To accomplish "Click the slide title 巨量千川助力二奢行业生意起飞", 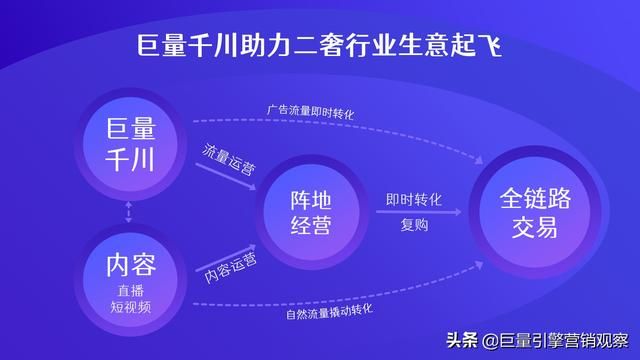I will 320,47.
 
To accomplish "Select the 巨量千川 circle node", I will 130,142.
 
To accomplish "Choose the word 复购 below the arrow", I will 414,225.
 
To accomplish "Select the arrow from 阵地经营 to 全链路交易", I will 414,212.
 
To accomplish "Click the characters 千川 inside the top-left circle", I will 130,158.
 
